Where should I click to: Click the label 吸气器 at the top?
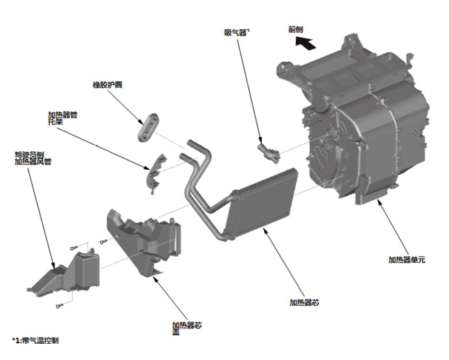(x=236, y=32)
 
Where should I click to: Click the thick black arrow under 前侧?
(x=305, y=43)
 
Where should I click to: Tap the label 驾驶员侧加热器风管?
(x=31, y=157)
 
